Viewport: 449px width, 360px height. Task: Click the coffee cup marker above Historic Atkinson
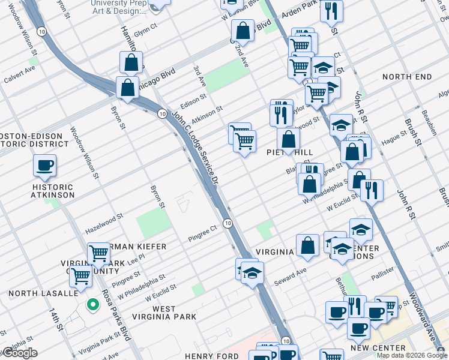point(44,165)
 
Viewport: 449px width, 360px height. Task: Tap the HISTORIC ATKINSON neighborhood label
point(53,191)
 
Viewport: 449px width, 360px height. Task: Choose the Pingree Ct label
point(201,229)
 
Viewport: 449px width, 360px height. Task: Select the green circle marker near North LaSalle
point(92,305)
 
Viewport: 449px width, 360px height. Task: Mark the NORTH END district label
point(406,77)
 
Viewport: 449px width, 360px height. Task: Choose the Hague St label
point(394,139)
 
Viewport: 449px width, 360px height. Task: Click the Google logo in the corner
point(19,353)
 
